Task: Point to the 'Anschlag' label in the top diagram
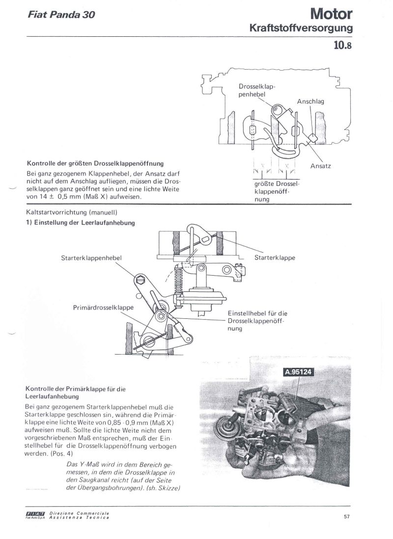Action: tap(310, 102)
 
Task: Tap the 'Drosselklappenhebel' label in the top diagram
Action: tap(254, 91)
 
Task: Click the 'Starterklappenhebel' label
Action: tap(92, 257)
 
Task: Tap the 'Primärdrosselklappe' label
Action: tap(102, 308)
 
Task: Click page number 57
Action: tap(346, 515)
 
